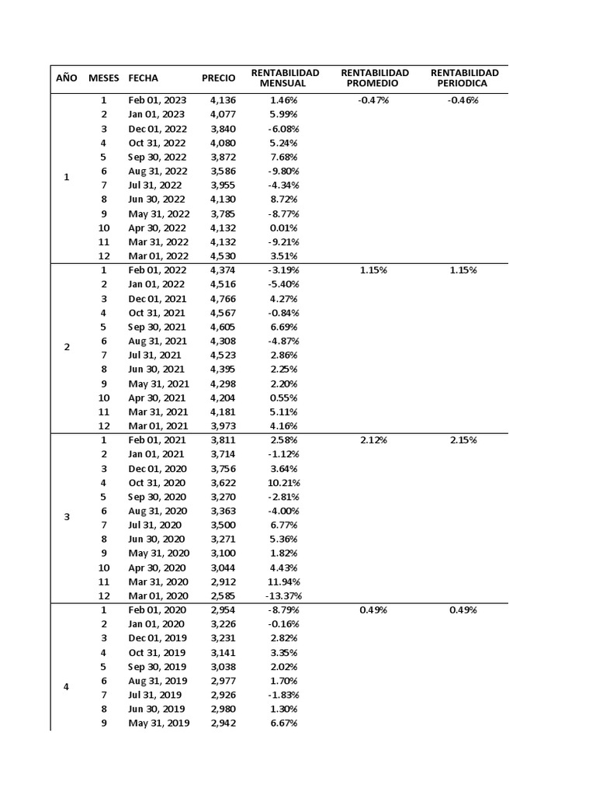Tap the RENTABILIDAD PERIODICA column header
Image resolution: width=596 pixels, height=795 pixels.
pos(463,78)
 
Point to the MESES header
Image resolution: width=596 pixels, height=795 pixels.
pos(104,78)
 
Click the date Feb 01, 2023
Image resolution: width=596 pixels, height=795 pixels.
pos(158,100)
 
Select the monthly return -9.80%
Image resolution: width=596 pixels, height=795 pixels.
pos(284,171)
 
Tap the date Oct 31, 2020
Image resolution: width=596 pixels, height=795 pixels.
pos(157,483)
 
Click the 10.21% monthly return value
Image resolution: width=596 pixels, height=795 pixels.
pos(284,483)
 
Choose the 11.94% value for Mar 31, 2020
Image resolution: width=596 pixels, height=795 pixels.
pos(284,581)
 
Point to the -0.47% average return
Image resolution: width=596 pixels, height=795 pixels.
pos(373,100)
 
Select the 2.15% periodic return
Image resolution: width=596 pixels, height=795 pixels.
pos(463,440)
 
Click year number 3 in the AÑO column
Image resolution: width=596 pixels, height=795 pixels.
pos(66,518)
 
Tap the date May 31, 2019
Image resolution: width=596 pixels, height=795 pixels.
pos(158,724)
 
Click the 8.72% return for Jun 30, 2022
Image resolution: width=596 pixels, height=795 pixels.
pos(284,200)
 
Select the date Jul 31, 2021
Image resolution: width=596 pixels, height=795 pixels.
pos(156,355)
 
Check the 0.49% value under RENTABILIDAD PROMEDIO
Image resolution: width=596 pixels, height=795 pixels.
pos(373,610)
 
